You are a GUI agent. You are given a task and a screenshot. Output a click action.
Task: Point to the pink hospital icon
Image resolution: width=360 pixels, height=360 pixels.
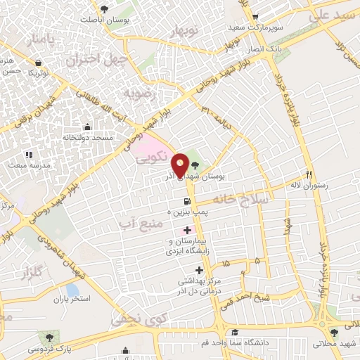(x=187, y=230)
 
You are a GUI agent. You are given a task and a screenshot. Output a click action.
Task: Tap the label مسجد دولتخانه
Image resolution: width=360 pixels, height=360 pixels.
(x=87, y=139)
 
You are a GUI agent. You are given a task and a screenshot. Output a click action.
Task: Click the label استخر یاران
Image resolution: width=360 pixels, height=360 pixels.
(x=72, y=300)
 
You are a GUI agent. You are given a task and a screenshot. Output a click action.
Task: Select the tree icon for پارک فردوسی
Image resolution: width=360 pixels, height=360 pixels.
(x=49, y=337)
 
